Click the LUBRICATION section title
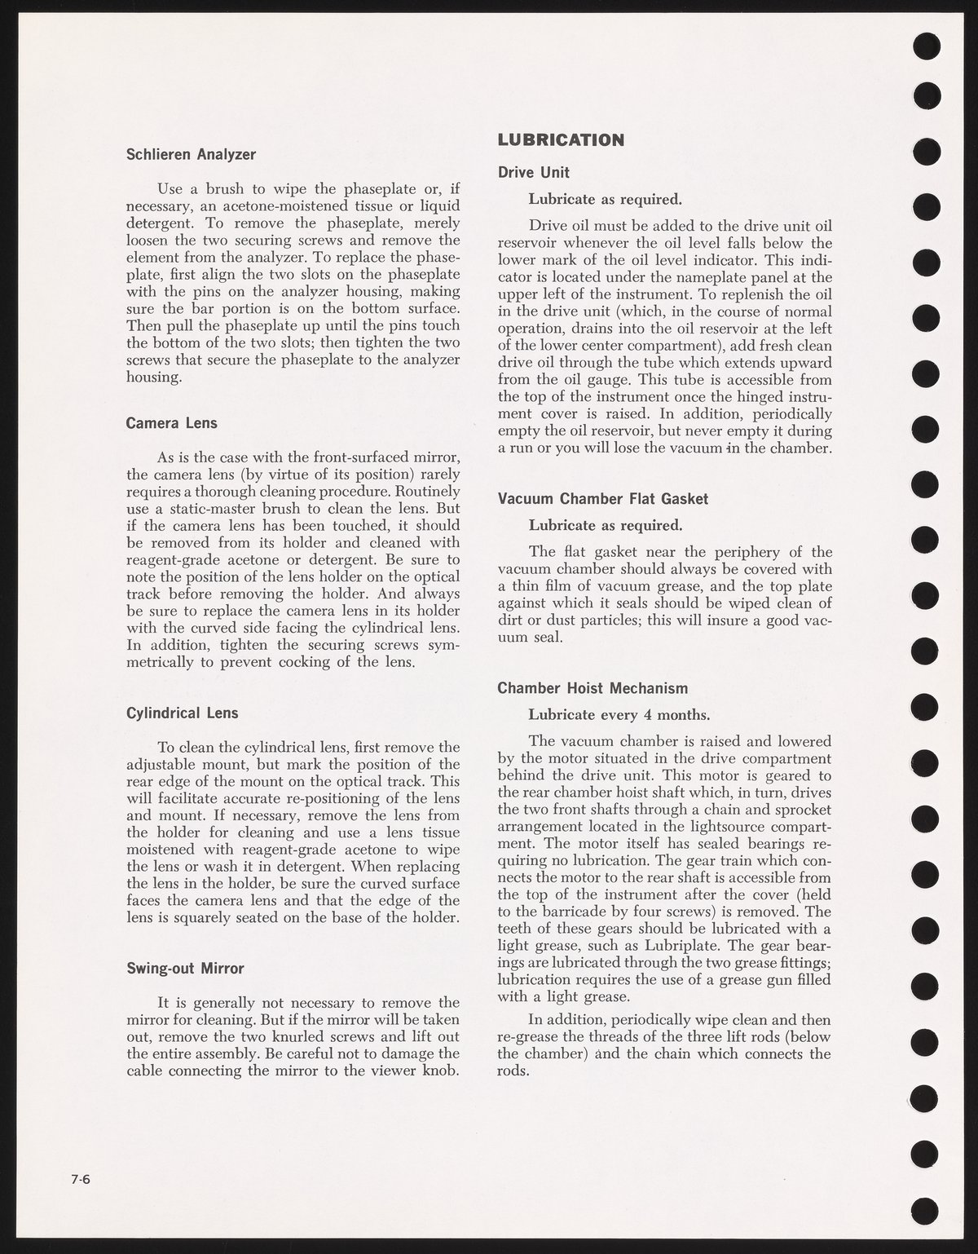tap(561, 139)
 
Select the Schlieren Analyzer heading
tap(191, 153)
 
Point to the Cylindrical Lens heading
tap(183, 713)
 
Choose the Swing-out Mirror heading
tap(185, 969)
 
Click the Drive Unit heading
tap(534, 172)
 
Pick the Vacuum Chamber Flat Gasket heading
tap(603, 498)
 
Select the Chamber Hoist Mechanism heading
tap(593, 688)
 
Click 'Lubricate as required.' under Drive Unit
tap(606, 199)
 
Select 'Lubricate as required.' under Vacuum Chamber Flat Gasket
tap(606, 524)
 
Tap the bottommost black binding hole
tap(927, 1208)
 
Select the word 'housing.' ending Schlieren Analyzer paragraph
tap(153, 377)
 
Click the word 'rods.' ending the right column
tap(513, 1071)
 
